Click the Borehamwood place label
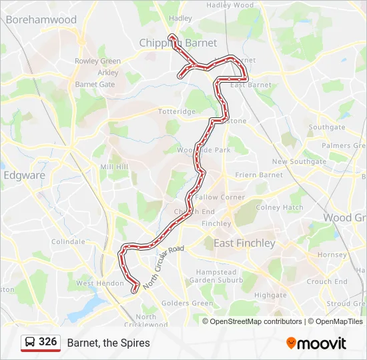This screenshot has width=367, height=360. (x=41, y=20)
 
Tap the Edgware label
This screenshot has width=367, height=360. (x=25, y=175)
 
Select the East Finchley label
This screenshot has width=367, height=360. (x=244, y=243)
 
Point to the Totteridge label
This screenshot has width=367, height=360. (x=177, y=111)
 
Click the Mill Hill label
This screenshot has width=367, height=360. (x=113, y=167)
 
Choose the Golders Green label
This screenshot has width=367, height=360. (x=188, y=303)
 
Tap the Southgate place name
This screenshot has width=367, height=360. (x=327, y=127)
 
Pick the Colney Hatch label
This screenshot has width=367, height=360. (x=280, y=207)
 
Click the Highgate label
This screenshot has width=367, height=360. (x=270, y=295)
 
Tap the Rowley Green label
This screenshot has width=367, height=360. (x=97, y=61)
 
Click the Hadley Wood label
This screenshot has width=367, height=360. (x=230, y=5)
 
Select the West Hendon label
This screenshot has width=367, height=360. (x=95, y=283)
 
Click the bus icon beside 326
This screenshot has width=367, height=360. (x=30, y=343)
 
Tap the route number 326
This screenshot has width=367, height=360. (x=48, y=342)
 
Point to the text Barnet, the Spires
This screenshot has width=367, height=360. (x=108, y=343)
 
